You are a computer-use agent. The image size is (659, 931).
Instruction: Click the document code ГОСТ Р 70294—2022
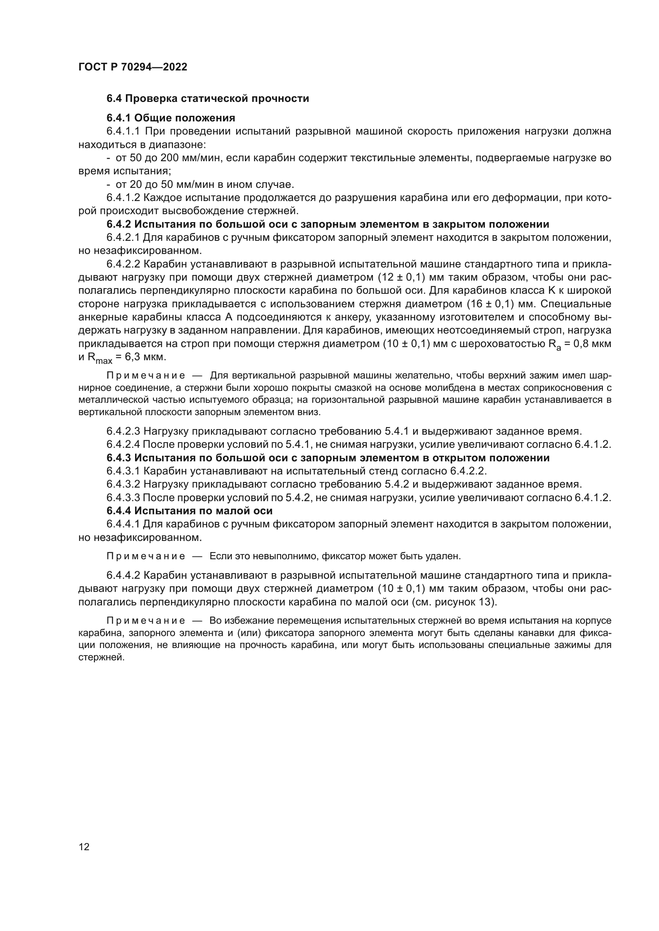[x=133, y=67]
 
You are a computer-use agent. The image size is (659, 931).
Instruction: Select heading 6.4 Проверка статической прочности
[x=208, y=99]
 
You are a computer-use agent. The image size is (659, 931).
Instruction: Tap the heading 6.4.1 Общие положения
[x=171, y=118]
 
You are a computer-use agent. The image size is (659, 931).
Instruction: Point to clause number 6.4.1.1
[x=124, y=131]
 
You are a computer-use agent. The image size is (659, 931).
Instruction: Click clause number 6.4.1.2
[x=124, y=198]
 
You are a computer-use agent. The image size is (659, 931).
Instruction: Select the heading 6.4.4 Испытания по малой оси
[x=190, y=511]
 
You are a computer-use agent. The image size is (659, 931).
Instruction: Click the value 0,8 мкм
[x=593, y=344]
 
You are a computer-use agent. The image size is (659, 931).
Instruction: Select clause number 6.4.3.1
[x=124, y=471]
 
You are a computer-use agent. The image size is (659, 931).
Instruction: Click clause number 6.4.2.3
[x=124, y=431]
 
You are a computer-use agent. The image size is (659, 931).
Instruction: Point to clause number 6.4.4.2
[x=124, y=576]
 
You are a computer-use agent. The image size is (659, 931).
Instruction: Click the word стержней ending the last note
[x=101, y=658]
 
